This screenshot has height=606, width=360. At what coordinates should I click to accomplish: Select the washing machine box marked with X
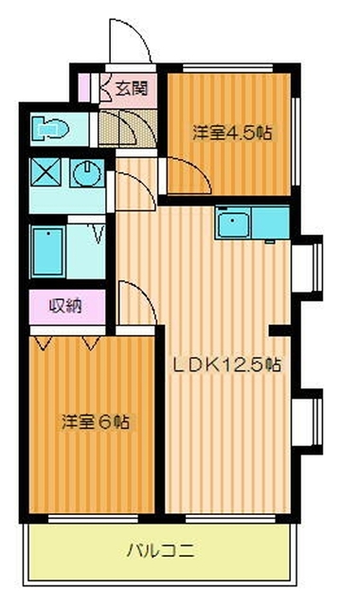45,172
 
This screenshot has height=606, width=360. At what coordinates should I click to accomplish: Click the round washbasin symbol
88,172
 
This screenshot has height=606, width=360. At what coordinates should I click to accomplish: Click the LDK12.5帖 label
225,363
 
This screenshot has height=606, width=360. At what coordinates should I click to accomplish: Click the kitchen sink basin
232,225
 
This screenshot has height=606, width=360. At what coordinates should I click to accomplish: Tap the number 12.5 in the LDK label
247,363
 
